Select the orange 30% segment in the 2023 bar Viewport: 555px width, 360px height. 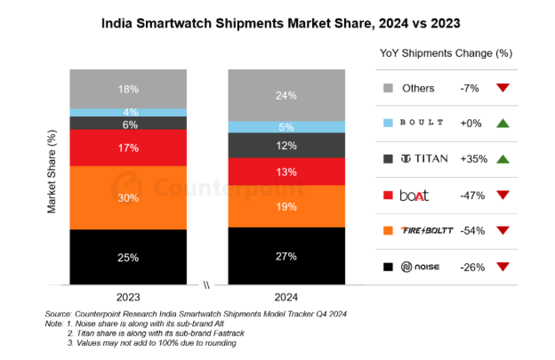pos(129,197)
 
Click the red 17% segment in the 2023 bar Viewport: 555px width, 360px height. pos(129,148)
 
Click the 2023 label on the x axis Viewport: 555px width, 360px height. pos(129,296)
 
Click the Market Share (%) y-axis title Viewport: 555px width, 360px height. pos(52,174)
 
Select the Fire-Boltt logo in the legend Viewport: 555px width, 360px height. pos(429,230)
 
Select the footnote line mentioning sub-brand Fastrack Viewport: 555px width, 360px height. pos(152,333)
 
